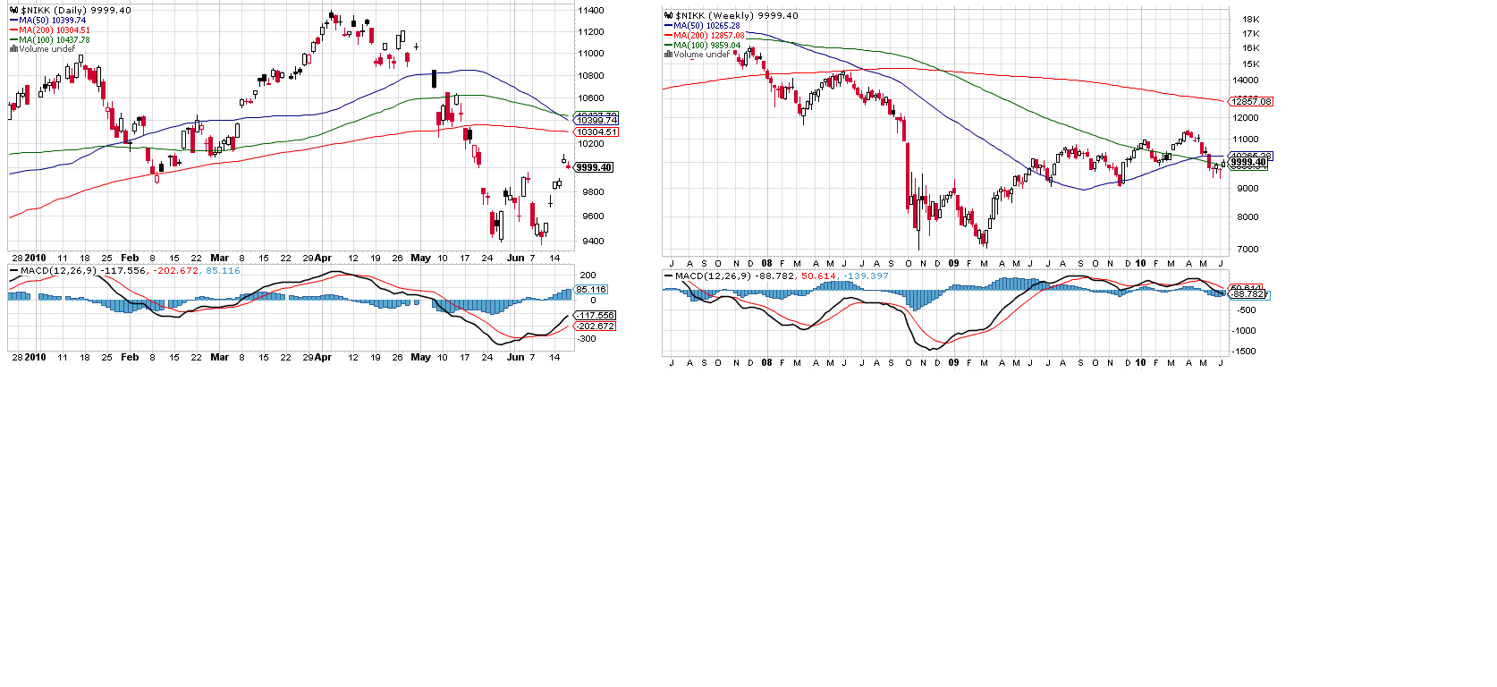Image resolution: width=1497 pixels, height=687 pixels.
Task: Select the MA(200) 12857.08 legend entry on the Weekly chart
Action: click(x=707, y=36)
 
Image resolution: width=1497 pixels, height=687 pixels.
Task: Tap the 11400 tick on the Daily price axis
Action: click(x=590, y=11)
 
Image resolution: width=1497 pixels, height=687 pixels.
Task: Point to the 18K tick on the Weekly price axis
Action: click(x=1250, y=19)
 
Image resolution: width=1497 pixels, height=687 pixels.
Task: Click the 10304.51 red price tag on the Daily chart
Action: click(x=596, y=132)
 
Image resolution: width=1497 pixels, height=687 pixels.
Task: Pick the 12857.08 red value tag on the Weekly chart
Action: click(x=1251, y=102)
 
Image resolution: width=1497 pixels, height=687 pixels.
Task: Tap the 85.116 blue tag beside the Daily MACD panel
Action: click(x=591, y=290)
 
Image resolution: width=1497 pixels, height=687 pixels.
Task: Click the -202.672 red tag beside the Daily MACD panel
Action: click(x=595, y=327)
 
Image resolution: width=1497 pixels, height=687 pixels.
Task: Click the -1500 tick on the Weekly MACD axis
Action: click(x=1245, y=352)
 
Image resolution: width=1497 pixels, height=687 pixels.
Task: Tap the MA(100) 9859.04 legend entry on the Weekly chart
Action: click(x=706, y=46)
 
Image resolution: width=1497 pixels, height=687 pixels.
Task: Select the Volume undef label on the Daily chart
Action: click(x=47, y=49)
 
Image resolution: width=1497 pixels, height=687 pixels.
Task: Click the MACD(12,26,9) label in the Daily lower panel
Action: click(x=57, y=271)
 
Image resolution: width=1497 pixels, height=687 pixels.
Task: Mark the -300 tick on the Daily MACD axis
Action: click(x=586, y=339)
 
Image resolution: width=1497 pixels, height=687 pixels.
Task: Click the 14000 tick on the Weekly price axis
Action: click(x=1245, y=81)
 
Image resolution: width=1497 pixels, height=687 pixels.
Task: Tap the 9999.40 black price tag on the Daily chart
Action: click(x=594, y=167)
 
